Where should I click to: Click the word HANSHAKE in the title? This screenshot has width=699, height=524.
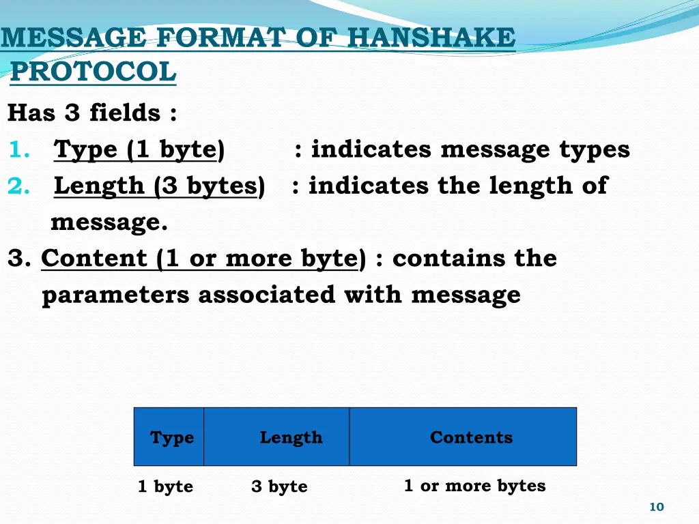coord(431,37)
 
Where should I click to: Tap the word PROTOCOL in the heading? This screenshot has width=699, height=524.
coord(94,71)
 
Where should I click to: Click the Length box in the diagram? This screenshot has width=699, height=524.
coord(291,437)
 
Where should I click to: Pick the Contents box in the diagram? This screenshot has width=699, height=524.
coord(471,437)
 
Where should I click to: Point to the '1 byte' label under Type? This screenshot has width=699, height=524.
coord(165,486)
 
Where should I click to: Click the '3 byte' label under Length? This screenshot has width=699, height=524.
coord(279,486)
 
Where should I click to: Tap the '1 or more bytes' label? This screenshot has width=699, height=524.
coord(474,486)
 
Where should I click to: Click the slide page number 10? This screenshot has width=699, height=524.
coord(656,506)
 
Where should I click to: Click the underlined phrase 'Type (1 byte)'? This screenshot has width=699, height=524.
coord(139,149)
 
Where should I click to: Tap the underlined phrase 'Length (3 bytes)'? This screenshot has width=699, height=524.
coord(159,186)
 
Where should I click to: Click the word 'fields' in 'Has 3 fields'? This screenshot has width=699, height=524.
coord(124,113)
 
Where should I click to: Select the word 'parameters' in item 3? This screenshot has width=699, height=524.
coord(116,295)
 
